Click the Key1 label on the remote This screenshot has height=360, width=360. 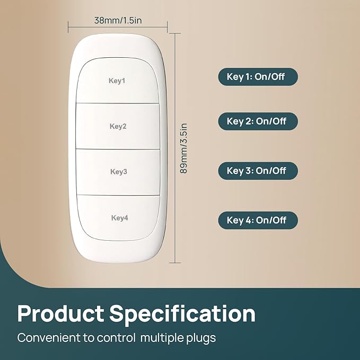pos(117,81)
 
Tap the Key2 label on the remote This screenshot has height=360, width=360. pos(118,126)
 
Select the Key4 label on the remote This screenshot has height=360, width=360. pos(120,218)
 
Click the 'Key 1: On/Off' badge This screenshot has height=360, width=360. pos(258,77)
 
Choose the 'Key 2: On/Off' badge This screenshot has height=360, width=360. pos(258,121)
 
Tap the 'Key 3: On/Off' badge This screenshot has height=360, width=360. pos(258,171)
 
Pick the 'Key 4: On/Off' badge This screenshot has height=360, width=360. pos(258,220)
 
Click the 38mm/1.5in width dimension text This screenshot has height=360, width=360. pos(118,21)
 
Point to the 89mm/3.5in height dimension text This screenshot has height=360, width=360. pos(183,148)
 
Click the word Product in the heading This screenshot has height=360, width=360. pos(60,314)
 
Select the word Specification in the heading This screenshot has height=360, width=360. pos(182,314)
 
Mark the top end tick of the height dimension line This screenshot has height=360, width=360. pos(175,33)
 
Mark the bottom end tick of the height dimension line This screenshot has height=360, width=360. pos(175,262)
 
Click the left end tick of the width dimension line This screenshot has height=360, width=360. pos(68,27)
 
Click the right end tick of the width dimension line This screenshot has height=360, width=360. pos(167,27)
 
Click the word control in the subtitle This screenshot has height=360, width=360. pos(116,338)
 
